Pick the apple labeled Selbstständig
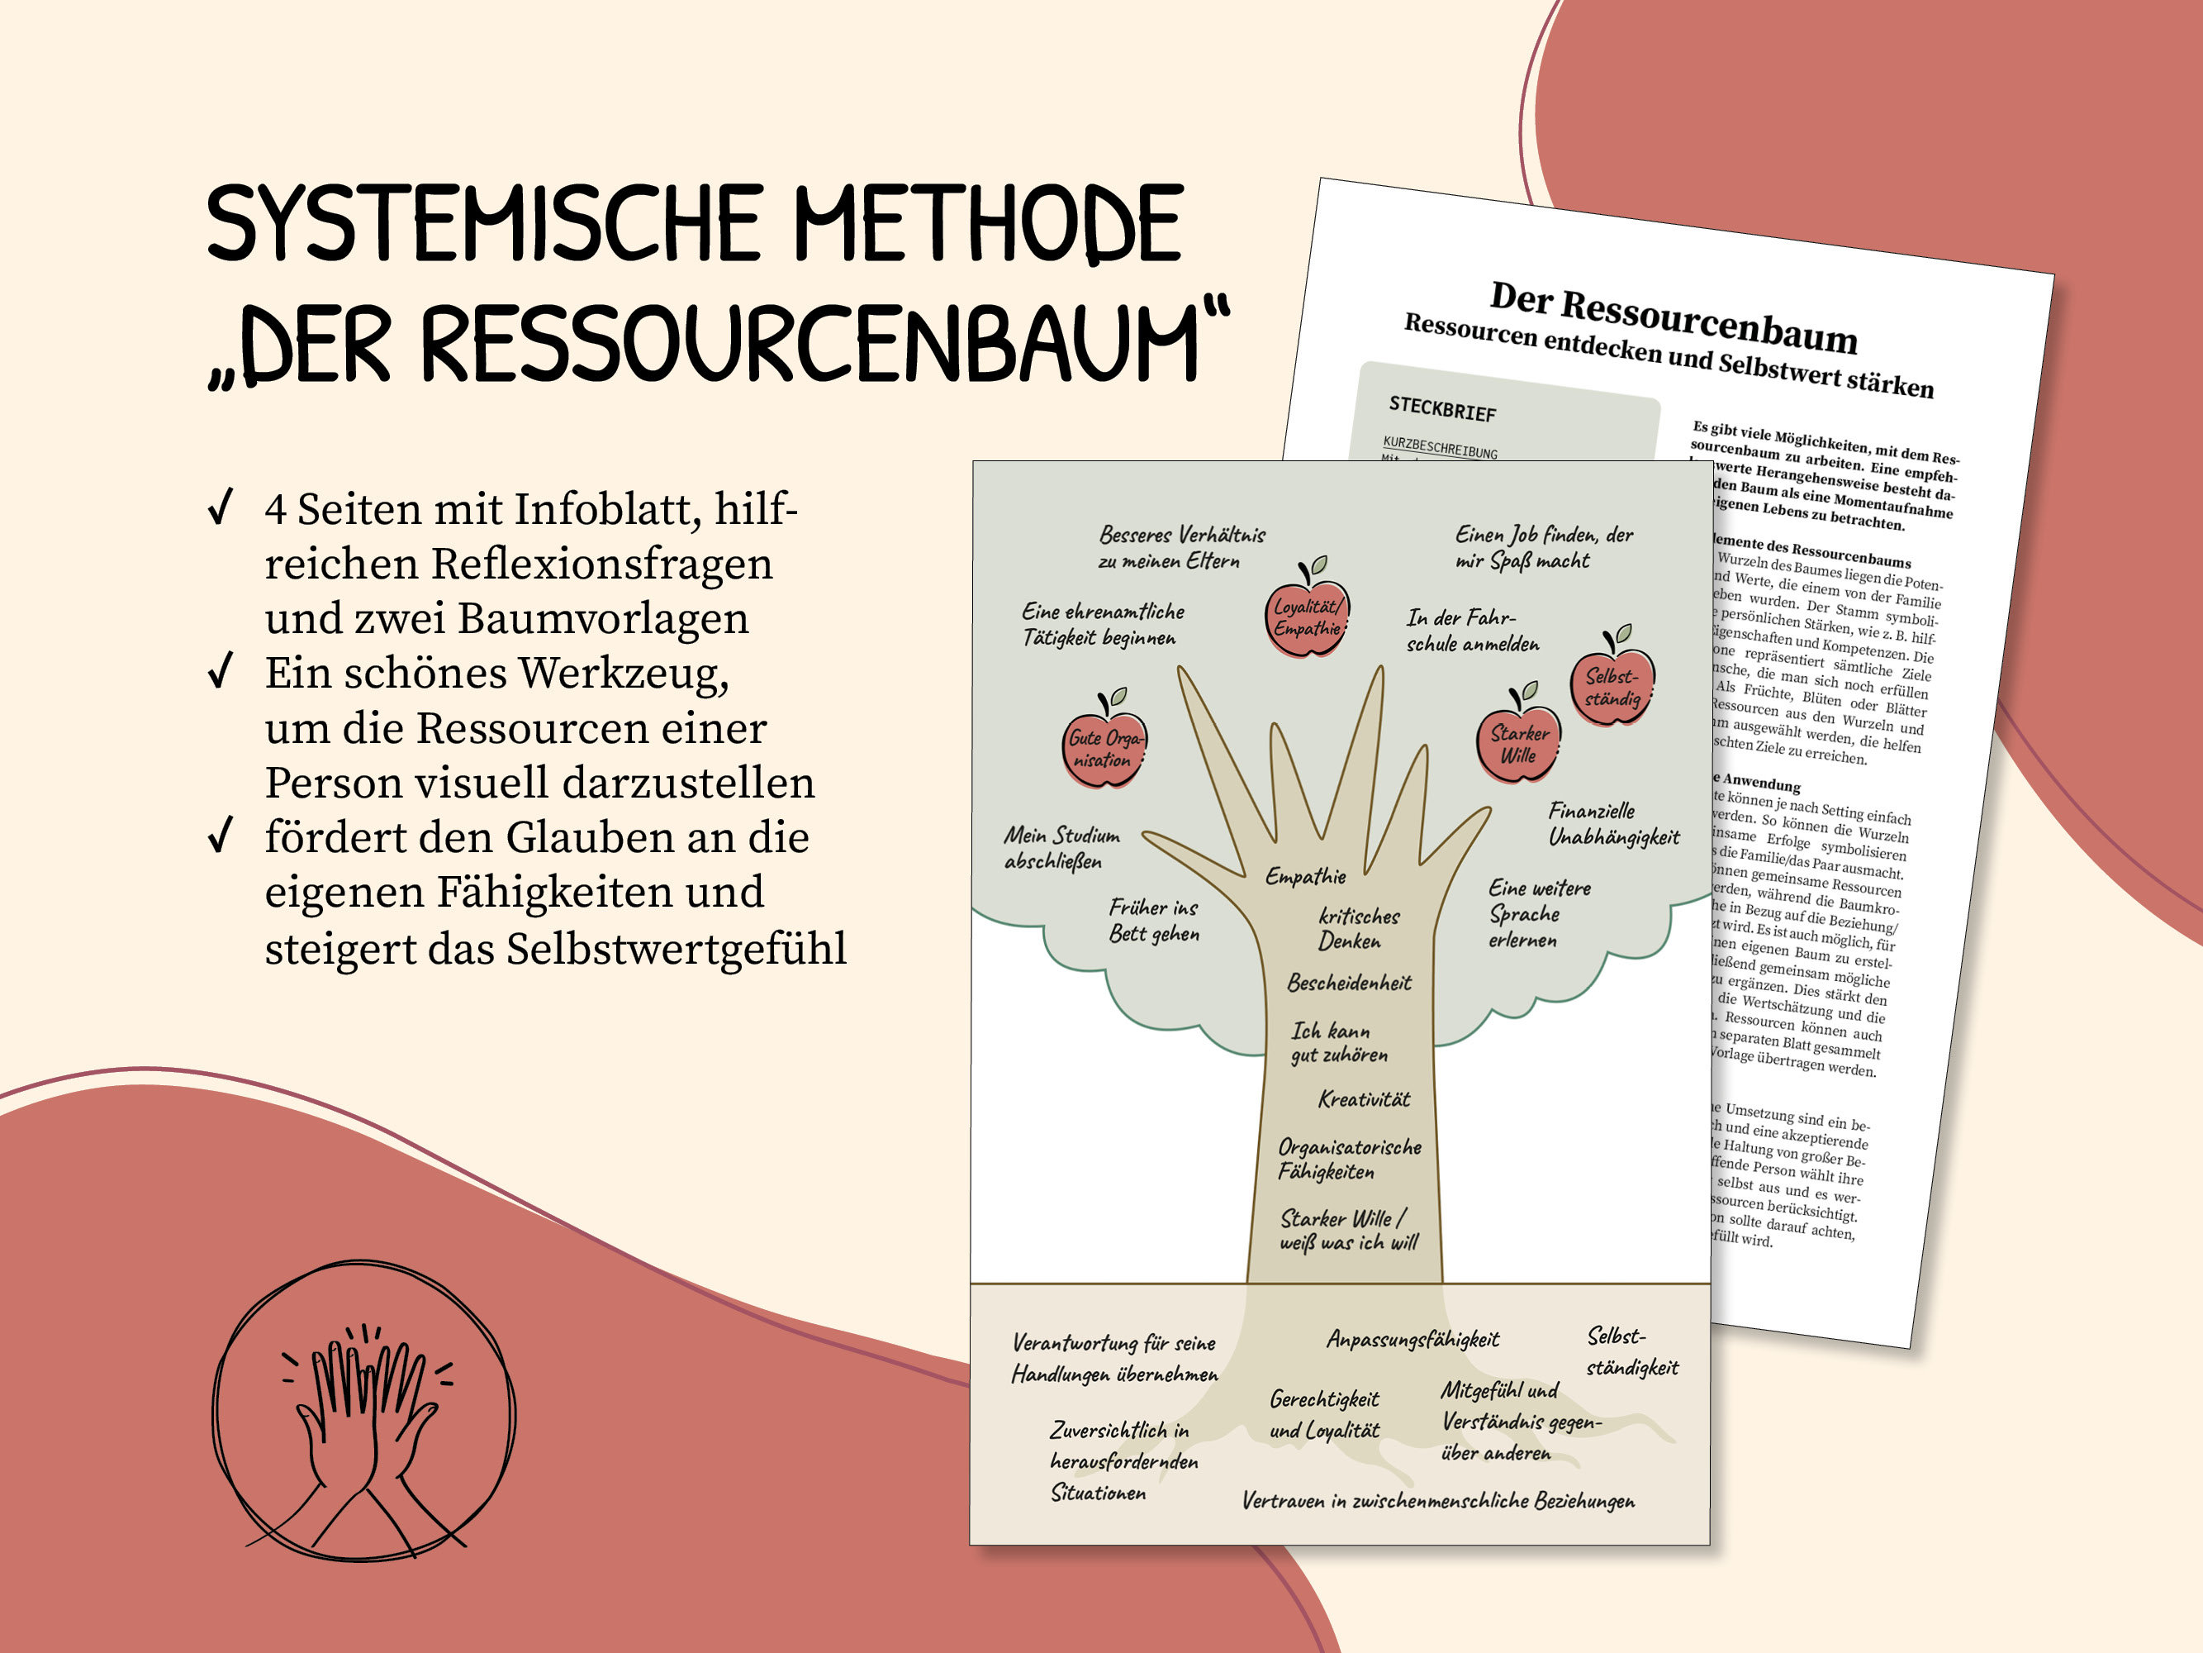(x=1612, y=687)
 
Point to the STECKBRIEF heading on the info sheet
(x=1442, y=408)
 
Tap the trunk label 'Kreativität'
(x=1364, y=1099)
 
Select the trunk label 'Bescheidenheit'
(x=1349, y=984)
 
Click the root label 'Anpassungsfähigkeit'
(x=1412, y=1339)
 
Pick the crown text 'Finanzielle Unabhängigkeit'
(x=1612, y=824)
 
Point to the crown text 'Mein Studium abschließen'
(x=1061, y=848)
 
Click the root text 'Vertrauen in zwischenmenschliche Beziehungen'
(x=1437, y=1501)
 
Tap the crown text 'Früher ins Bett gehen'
(x=1153, y=921)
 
